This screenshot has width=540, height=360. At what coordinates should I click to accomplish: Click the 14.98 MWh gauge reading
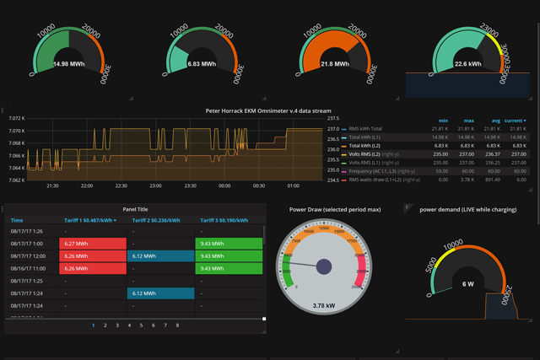67,63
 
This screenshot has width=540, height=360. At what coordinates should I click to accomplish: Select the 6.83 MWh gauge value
202,63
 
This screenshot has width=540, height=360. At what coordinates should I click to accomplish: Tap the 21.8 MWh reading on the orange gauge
335,63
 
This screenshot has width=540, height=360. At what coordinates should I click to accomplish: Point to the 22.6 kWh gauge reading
468,63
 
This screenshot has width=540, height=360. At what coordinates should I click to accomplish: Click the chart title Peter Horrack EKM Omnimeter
269,110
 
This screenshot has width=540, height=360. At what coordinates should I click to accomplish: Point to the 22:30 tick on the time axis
121,185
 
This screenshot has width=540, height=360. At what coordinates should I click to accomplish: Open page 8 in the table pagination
176,325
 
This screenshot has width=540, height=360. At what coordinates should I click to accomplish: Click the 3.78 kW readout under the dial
324,306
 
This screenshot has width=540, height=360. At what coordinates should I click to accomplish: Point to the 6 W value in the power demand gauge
467,283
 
